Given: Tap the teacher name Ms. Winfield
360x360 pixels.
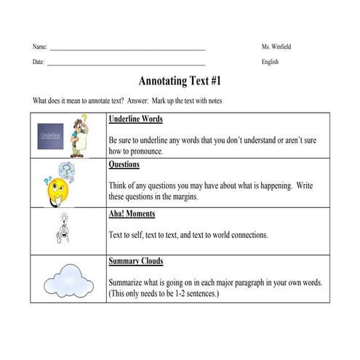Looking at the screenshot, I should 276,47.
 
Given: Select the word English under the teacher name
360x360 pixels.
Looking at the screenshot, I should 270,62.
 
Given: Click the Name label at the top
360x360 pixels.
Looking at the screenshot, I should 39,47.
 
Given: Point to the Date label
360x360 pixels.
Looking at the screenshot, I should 39,62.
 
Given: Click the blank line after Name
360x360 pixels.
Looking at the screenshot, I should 127,48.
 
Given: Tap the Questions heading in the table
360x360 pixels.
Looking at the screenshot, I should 124,165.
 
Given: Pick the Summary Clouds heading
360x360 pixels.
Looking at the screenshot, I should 135,261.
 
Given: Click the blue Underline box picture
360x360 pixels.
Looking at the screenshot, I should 51,136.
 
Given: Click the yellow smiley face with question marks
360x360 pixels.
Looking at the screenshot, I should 60,183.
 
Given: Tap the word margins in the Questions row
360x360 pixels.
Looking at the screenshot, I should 178,197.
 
